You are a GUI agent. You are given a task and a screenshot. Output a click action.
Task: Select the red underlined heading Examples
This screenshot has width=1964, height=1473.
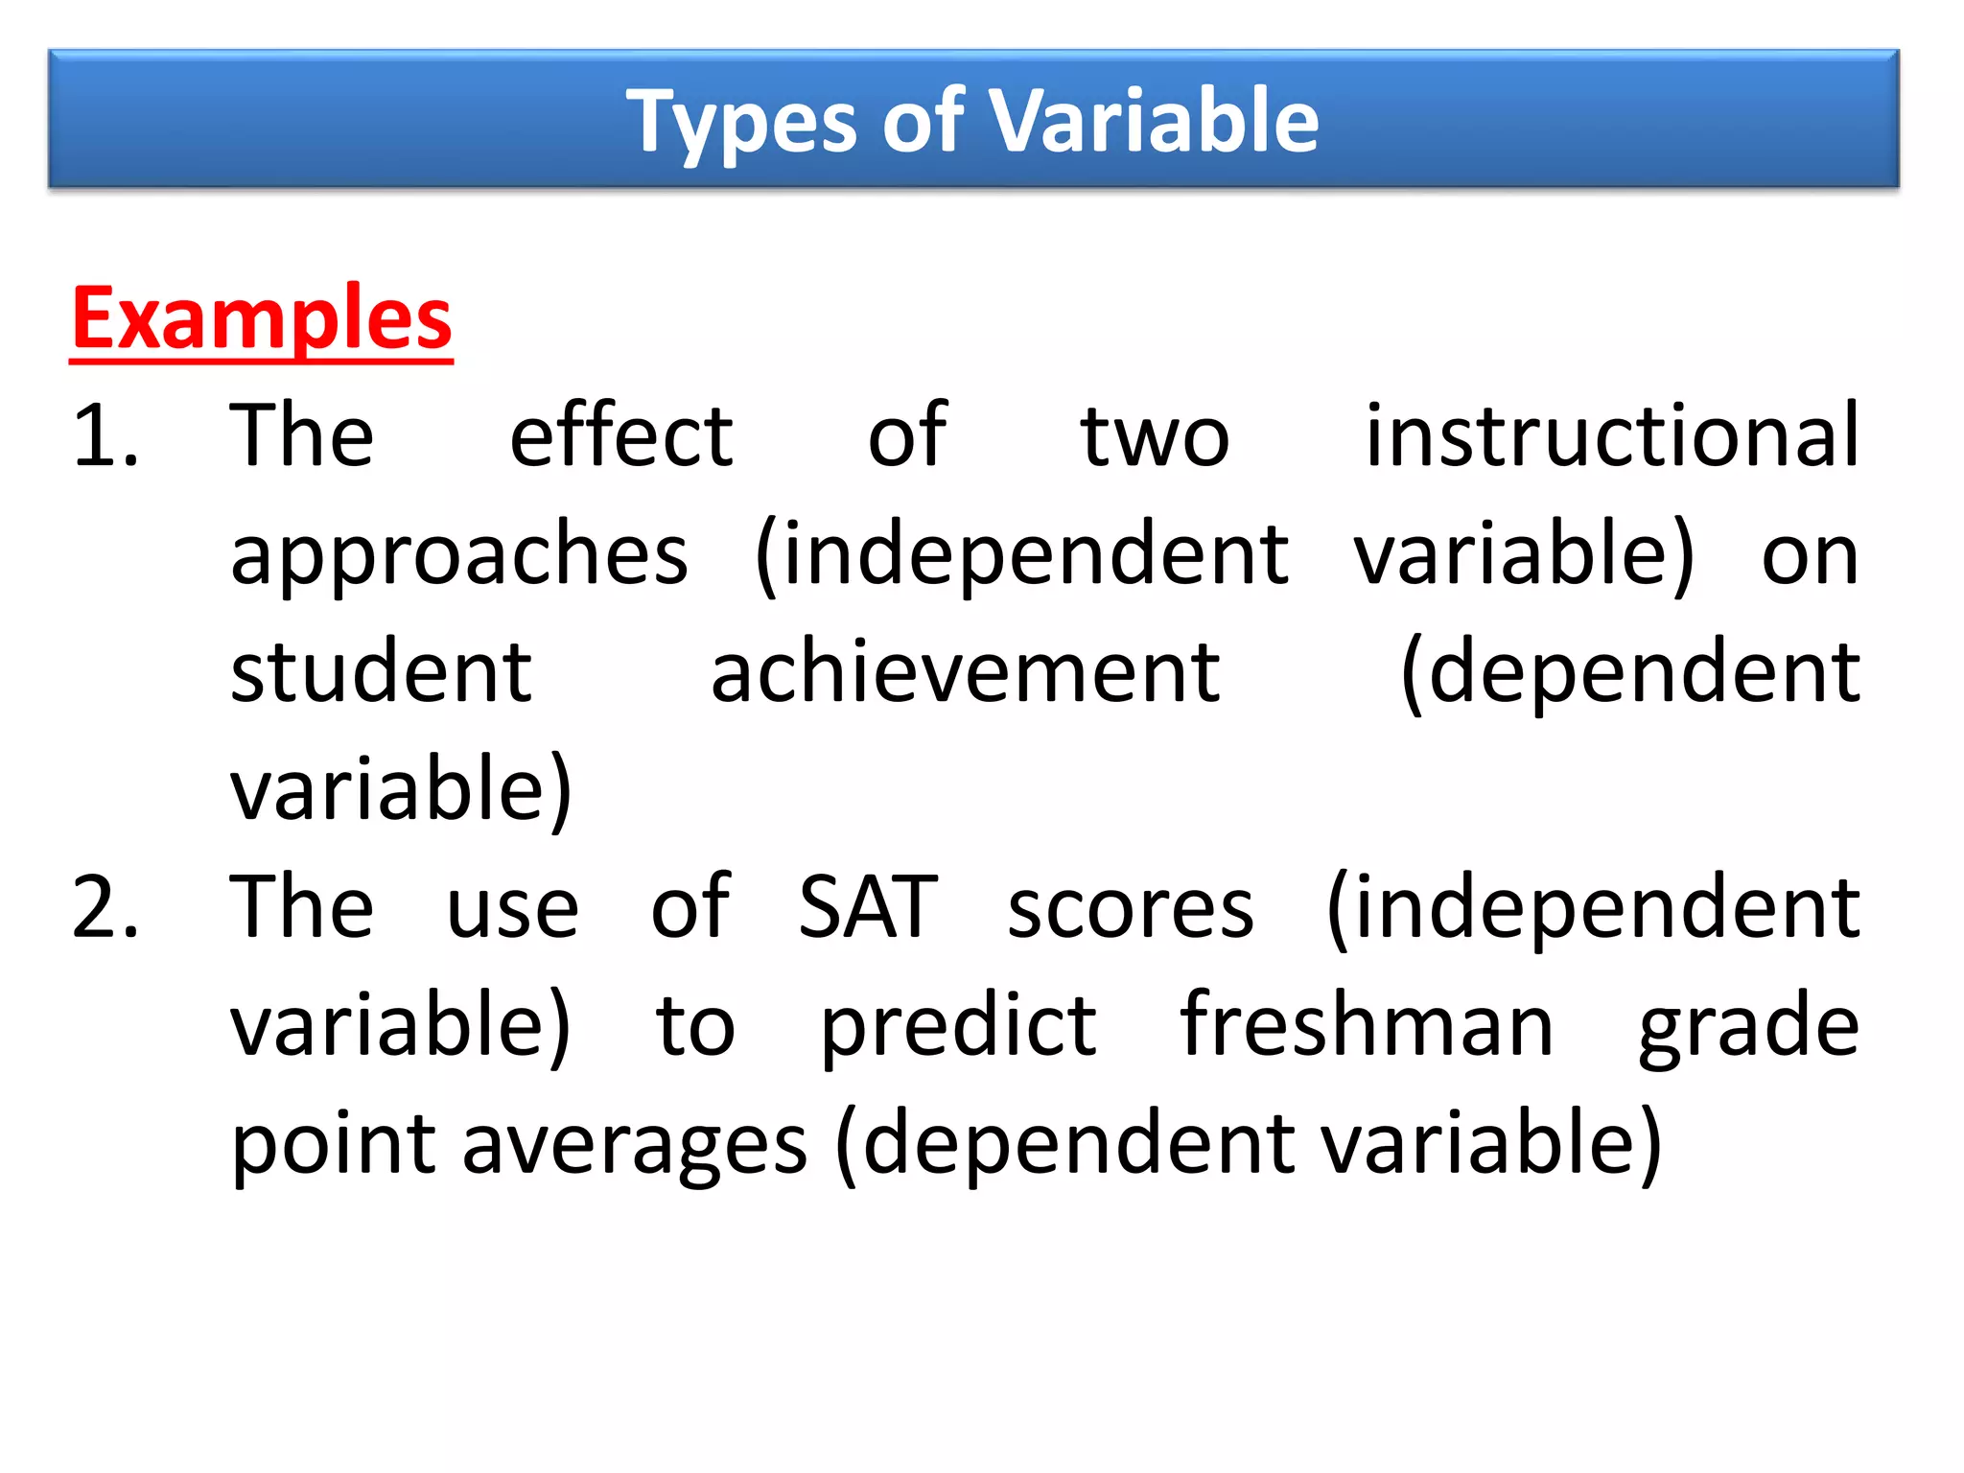click(x=262, y=319)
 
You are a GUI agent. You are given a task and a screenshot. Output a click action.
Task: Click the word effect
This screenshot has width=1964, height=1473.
click(x=620, y=436)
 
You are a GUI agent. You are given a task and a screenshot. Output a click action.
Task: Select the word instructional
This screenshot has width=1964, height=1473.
click(x=1612, y=436)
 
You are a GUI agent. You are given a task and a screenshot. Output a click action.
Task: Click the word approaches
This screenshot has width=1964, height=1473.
click(x=459, y=557)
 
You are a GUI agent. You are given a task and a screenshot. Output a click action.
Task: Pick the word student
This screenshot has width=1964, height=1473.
click(x=381, y=672)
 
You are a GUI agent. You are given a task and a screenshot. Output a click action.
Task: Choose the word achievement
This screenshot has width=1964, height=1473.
click(x=965, y=672)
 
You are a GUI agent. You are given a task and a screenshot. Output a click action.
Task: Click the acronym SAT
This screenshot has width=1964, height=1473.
click(x=867, y=907)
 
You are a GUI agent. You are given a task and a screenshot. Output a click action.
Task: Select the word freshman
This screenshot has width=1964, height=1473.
click(x=1366, y=1025)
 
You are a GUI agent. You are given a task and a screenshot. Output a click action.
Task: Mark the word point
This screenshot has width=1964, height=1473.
click(x=333, y=1145)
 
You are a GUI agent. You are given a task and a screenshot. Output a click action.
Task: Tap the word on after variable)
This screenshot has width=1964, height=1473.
click(x=1810, y=557)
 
